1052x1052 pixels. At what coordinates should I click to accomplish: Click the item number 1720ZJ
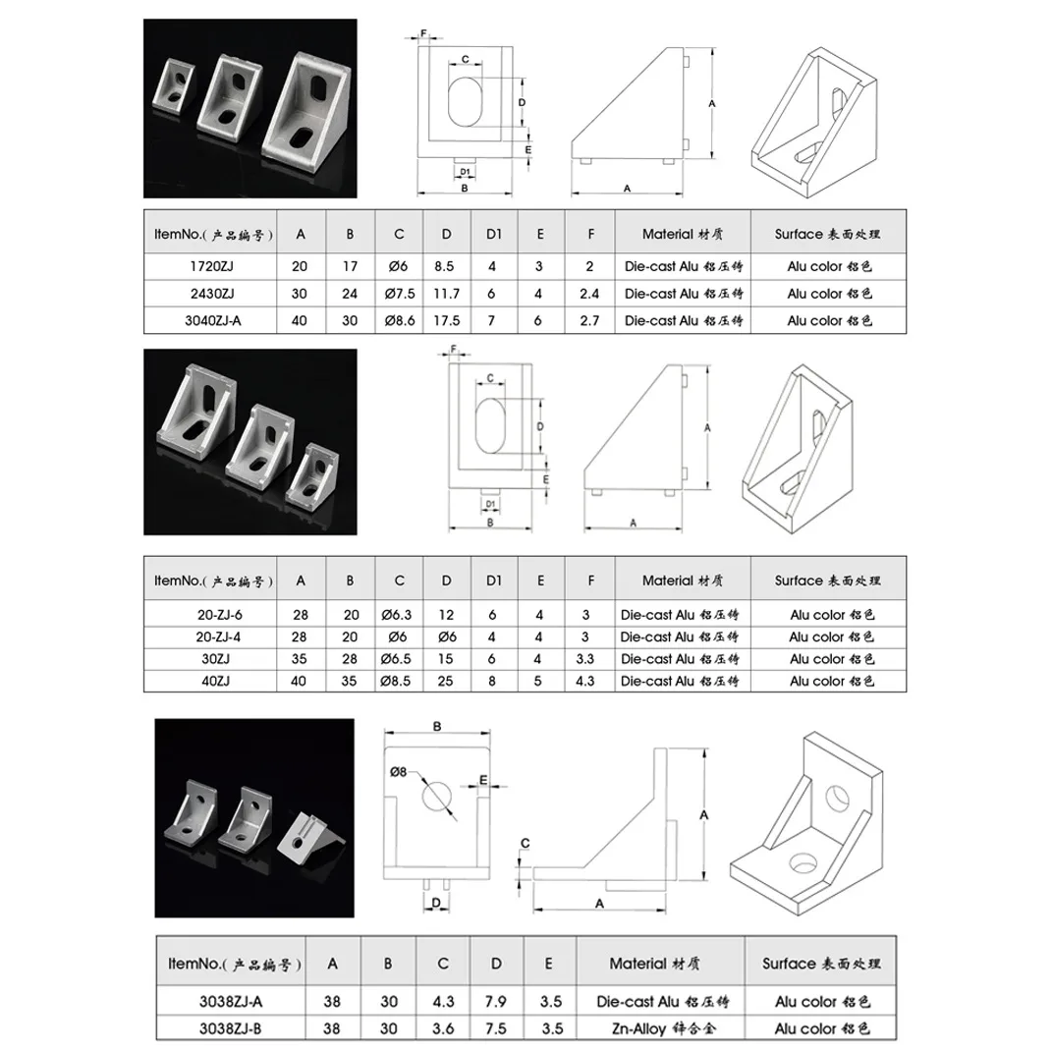point(211,266)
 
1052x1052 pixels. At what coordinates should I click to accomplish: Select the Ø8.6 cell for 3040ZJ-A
point(400,320)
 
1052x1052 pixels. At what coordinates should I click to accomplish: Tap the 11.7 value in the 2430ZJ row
point(446,294)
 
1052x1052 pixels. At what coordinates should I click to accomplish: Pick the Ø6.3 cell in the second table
point(397,615)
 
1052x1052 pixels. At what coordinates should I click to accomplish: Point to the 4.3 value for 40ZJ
point(585,681)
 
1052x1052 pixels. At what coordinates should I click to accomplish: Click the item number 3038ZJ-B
point(230,1028)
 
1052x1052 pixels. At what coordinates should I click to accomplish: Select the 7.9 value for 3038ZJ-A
point(496,1002)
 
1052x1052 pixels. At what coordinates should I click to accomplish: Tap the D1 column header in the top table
point(494,234)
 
